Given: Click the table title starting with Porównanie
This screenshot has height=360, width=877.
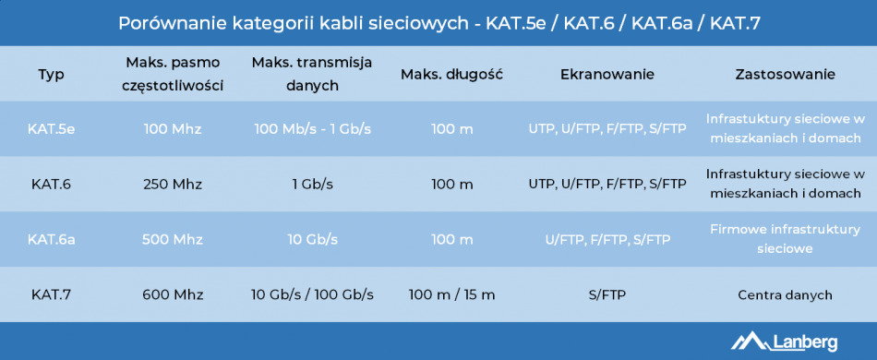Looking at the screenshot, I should [438, 22].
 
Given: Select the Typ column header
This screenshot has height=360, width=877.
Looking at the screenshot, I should [52, 75].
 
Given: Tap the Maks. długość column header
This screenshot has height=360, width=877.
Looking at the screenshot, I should [451, 75].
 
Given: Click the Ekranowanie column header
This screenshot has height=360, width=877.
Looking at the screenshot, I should [607, 75].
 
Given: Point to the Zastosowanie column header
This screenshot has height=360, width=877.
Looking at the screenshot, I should [785, 75].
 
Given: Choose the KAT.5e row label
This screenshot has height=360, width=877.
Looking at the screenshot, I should [52, 128].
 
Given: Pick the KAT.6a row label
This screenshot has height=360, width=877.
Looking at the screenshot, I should [52, 239].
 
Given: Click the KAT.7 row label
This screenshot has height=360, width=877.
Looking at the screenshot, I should [52, 294].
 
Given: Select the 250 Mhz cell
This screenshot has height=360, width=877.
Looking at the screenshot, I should [174, 184].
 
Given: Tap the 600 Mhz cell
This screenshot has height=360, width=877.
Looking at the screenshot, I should [174, 294].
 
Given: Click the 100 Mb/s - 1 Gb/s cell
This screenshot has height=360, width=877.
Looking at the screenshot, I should [312, 128].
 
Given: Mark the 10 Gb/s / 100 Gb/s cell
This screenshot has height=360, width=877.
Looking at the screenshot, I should [312, 294].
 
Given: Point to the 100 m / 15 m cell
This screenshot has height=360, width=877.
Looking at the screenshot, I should [451, 294].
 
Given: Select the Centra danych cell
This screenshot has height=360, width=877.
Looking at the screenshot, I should [785, 294].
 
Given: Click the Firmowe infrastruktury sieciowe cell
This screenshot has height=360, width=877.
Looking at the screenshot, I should [785, 239].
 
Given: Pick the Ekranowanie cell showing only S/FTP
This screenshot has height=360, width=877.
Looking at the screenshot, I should [607, 294].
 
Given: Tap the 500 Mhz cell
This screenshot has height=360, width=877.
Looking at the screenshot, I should [174, 239].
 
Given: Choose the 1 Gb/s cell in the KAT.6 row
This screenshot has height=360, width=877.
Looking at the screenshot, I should [312, 184].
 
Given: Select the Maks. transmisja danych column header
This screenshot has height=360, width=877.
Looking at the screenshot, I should [312, 75].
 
